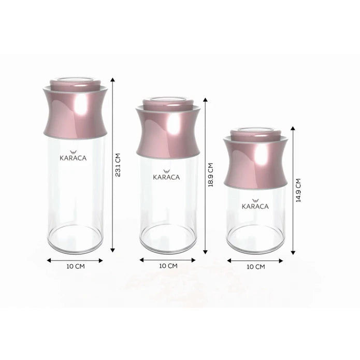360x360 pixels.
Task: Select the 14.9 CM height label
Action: (299, 190)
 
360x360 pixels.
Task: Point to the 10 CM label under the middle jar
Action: (168, 266)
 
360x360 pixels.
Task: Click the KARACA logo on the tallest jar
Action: (73, 154)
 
